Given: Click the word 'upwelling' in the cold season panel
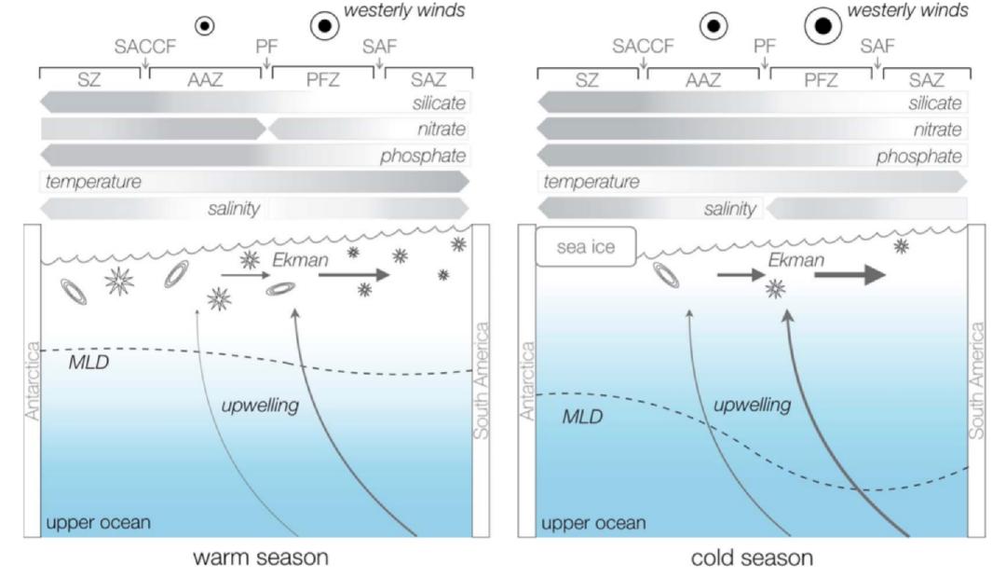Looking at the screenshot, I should click(x=752, y=406).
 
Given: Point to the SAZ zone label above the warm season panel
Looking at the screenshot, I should click(x=428, y=80).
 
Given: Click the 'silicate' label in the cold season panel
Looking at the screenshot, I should click(x=934, y=103).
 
